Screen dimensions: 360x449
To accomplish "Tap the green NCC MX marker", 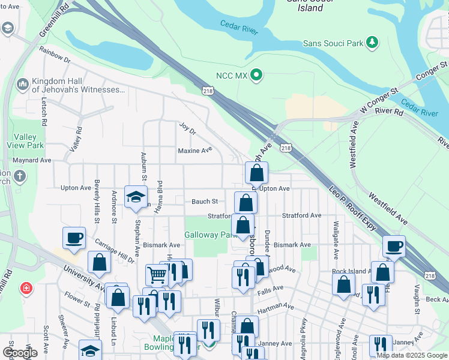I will pyautogui.click(x=256, y=76).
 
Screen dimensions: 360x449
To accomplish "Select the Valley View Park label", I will pyautogui.click(x=25, y=141).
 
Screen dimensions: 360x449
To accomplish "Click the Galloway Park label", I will pyautogui.click(x=208, y=235).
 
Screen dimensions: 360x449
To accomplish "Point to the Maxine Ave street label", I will pyautogui.click(x=195, y=150).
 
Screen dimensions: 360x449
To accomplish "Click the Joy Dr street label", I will pyautogui.click(x=188, y=127).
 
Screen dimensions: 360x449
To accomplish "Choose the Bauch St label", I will pyautogui.click(x=204, y=202).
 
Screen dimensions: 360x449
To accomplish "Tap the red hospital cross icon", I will pyautogui.click(x=25, y=289).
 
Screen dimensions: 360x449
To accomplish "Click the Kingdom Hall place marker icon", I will pyautogui.click(x=23, y=84).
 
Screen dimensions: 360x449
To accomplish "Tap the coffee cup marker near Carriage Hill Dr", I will pyautogui.click(x=74, y=238).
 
